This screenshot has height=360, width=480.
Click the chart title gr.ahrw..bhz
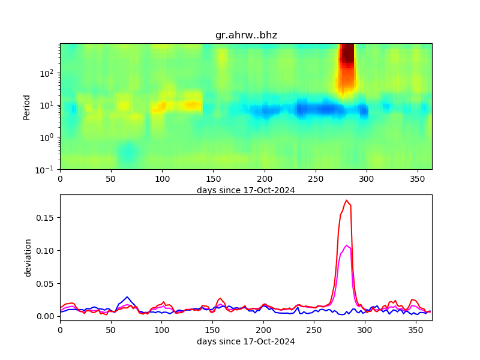pos(246,35)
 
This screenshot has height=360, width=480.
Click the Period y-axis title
pos(26,106)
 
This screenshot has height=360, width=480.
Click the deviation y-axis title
pos(28,257)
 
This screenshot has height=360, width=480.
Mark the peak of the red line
pos(347,200)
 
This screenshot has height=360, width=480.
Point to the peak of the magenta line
pos(347,245)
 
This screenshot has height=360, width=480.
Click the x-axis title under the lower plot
pos(246,342)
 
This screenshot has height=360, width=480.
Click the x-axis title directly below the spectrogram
pos(246,190)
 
